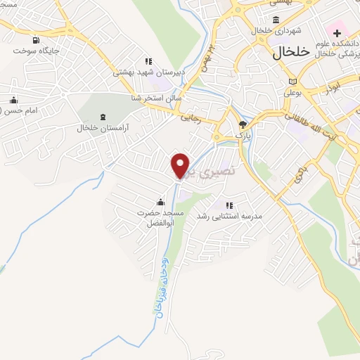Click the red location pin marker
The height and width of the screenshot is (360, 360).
[x=181, y=165]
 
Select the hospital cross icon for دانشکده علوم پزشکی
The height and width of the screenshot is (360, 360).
[x=337, y=33]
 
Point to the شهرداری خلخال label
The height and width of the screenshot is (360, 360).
[x=280, y=32]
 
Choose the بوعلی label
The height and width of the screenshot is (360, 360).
[x=292, y=91]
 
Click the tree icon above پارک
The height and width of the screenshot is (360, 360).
[x=243, y=124]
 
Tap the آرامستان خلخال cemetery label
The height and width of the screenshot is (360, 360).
[x=105, y=128]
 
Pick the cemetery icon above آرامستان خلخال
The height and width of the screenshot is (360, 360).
[x=105, y=117]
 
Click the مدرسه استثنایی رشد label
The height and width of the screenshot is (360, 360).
[x=229, y=216]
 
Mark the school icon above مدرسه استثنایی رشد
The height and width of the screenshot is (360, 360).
[x=229, y=205]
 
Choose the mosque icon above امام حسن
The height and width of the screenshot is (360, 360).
[x=13, y=100]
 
